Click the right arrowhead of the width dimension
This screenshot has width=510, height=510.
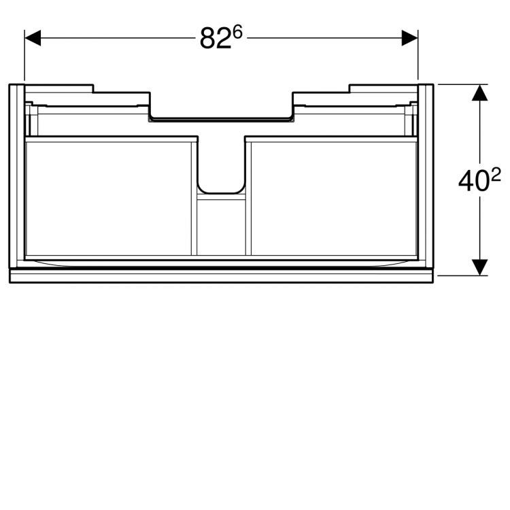coord(409,39)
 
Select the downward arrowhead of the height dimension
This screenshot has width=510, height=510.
coord(481,267)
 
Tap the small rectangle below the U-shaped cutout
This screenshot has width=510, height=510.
coord(220,227)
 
